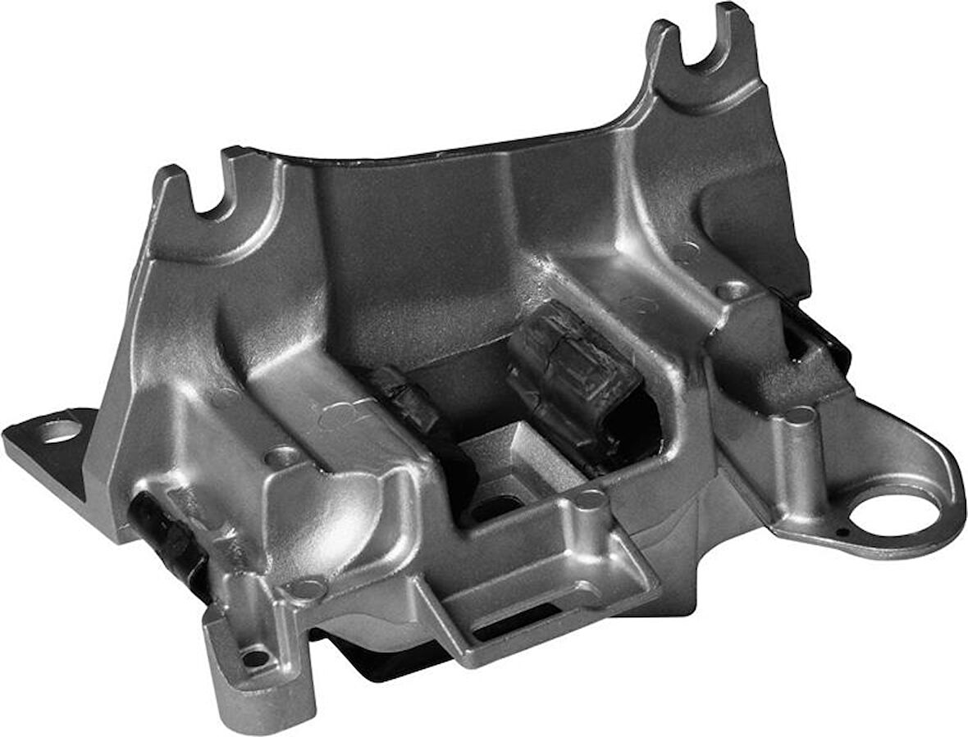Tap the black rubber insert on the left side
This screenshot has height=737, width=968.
tap(164, 533)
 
